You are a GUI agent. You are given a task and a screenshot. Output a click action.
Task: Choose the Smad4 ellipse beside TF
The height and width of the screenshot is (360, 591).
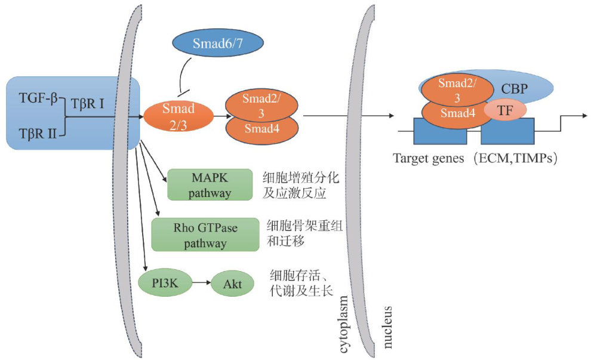click(457, 111)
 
